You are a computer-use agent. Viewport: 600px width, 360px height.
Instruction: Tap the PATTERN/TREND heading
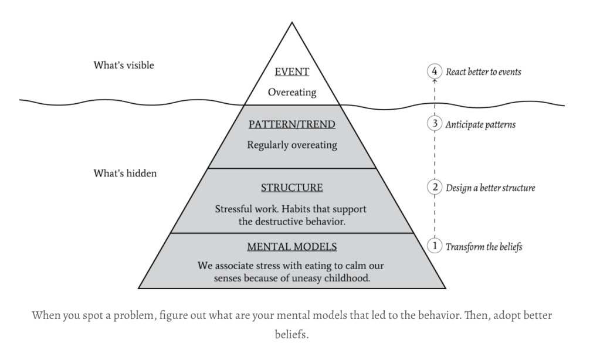(291, 124)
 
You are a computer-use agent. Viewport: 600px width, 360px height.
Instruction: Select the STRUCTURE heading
(291, 188)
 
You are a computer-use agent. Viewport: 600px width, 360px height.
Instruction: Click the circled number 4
(434, 72)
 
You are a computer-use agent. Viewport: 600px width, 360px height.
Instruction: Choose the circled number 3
(434, 124)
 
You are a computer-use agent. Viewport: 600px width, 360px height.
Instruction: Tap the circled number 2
(434, 188)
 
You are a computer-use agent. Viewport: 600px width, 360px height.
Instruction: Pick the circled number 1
(434, 246)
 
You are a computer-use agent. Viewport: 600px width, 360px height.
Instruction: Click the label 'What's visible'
(124, 65)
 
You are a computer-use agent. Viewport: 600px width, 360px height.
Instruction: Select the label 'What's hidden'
(125, 174)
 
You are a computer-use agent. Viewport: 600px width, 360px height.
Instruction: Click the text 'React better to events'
(483, 72)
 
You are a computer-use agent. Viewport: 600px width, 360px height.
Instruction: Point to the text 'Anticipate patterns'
(481, 125)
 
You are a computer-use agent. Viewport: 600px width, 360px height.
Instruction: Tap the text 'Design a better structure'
(490, 188)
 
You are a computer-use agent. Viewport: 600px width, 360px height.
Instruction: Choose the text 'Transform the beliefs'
(484, 247)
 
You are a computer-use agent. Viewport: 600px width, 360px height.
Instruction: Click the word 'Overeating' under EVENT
(291, 93)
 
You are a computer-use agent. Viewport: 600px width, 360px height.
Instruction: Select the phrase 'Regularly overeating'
(291, 145)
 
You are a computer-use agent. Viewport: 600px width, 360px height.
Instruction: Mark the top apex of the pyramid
(291, 22)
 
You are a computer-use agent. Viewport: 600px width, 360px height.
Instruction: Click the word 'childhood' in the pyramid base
(348, 278)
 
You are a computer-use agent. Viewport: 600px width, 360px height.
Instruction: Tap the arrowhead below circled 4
(434, 83)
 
